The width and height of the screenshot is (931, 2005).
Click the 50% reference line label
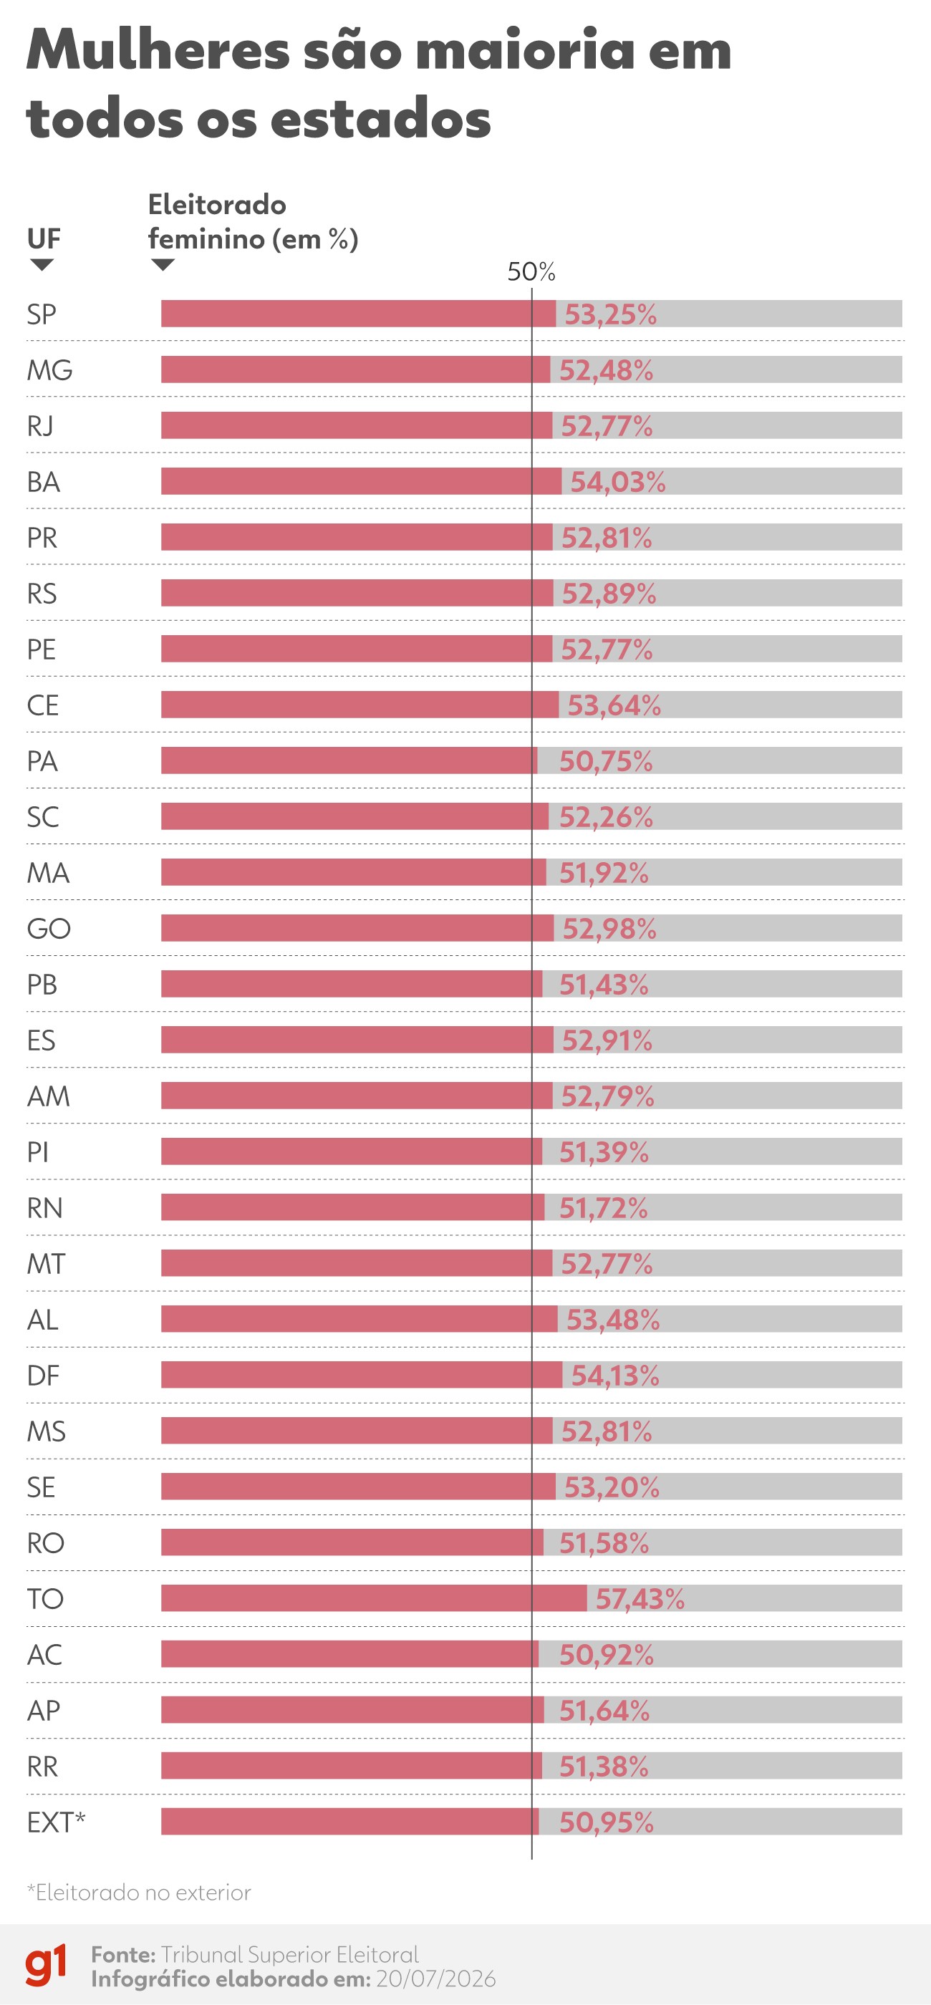[531, 271]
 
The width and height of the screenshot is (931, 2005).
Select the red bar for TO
[374, 1598]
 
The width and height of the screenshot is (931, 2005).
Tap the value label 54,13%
[615, 1376]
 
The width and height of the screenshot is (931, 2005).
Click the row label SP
[42, 314]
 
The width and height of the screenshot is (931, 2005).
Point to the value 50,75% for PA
[606, 761]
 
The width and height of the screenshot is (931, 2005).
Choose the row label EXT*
[56, 1822]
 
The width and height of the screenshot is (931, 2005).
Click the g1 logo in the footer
[46, 1966]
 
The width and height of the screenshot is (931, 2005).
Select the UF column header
[44, 238]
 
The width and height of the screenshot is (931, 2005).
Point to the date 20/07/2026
[436, 1979]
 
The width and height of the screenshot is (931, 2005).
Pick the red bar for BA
[361, 481]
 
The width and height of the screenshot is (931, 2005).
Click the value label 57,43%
[640, 1599]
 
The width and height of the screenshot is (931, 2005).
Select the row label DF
[43, 1376]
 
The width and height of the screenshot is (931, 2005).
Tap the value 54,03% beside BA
[618, 482]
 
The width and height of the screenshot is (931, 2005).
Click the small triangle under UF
[42, 265]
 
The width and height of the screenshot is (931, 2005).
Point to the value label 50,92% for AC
[607, 1655]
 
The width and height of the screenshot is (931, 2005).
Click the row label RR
[42, 1766]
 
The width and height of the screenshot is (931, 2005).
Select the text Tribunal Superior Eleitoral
[289, 1954]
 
